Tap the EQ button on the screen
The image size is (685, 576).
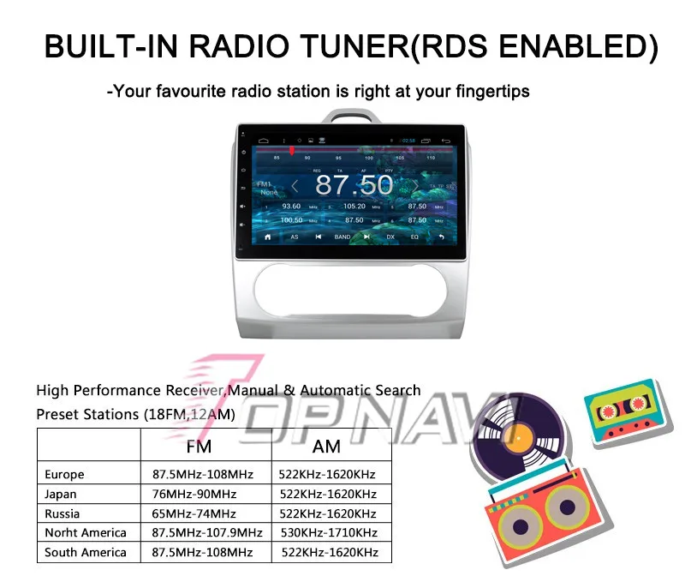click(414, 237)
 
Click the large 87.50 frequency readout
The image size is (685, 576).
click(354, 184)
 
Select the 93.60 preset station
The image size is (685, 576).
click(291, 207)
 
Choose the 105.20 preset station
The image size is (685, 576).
click(354, 207)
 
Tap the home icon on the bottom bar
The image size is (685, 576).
click(268, 237)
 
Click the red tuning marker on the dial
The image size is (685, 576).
click(292, 150)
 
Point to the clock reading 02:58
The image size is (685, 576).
click(409, 140)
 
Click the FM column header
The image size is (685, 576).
click(199, 447)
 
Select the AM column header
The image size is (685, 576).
click(327, 447)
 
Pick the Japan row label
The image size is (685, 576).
click(61, 494)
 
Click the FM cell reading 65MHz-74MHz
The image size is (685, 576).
click(194, 513)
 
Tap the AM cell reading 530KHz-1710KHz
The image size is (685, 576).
click(328, 532)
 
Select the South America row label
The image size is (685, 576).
click(86, 552)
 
